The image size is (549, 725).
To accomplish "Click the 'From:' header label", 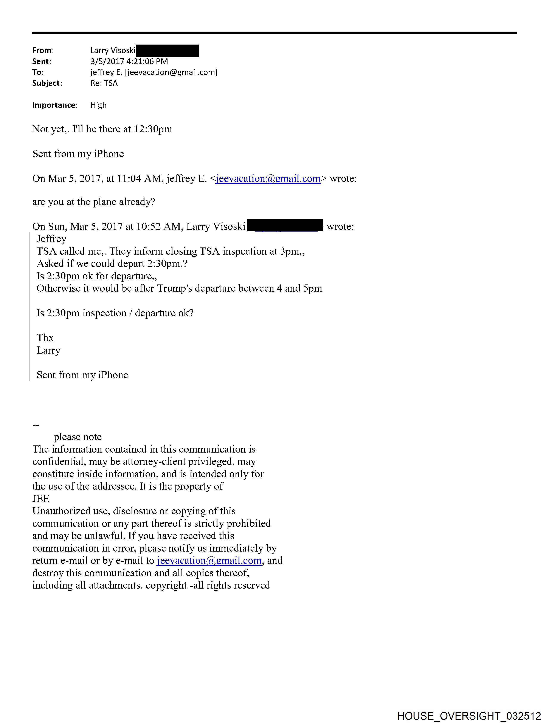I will tap(43, 51).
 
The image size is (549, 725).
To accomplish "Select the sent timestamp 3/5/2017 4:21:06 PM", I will tap(129, 61).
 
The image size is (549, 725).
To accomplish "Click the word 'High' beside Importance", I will tap(98, 105).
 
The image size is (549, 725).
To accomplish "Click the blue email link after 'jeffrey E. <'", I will tap(268, 179).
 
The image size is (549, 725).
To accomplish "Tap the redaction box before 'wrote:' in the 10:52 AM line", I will tap(285, 226).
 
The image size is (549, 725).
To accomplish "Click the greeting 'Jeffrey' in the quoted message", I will tap(51, 239).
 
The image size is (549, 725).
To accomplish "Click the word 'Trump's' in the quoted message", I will tap(174, 288).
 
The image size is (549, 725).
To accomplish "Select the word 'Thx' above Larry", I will tap(45, 338).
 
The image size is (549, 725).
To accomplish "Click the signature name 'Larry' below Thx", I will tap(48, 350).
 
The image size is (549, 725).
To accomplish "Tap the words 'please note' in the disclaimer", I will tap(78, 437).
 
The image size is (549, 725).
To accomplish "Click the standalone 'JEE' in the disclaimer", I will tap(41, 499).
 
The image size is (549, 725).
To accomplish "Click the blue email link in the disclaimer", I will tap(209, 561).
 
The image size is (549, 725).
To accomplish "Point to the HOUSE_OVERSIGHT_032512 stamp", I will tap(469, 716).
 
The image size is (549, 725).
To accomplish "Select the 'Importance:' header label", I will tap(55, 105).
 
